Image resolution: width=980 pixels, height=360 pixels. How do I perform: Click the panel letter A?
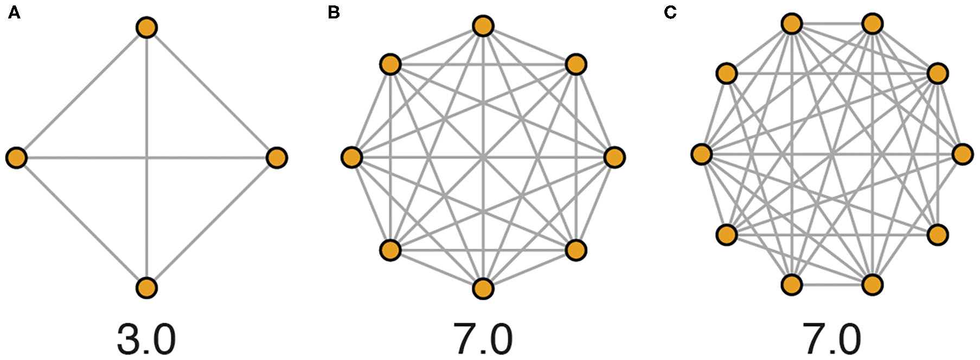tap(14, 12)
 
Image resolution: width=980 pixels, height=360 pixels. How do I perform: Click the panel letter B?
tap(334, 12)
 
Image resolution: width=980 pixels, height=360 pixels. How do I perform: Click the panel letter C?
tap(670, 12)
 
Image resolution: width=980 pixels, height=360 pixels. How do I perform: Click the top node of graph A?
tap(146, 27)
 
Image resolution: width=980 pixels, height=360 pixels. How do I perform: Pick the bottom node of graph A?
tap(146, 288)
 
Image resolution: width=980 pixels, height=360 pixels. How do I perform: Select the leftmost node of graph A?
tap(16, 158)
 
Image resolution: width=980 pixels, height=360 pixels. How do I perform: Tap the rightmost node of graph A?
tap(277, 158)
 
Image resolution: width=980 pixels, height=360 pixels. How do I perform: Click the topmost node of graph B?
tap(483, 26)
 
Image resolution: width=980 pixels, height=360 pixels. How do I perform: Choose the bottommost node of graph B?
tap(483, 288)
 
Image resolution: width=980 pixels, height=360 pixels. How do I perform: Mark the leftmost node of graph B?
tap(352, 158)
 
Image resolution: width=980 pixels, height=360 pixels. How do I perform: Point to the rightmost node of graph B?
tap(614, 157)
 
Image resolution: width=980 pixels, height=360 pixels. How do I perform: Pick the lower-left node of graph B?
tap(390, 250)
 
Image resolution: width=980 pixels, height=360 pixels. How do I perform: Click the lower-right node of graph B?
tap(575, 250)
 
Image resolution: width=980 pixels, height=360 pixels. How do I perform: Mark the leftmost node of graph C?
tap(701, 154)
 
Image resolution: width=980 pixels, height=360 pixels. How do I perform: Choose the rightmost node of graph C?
tap(963, 154)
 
